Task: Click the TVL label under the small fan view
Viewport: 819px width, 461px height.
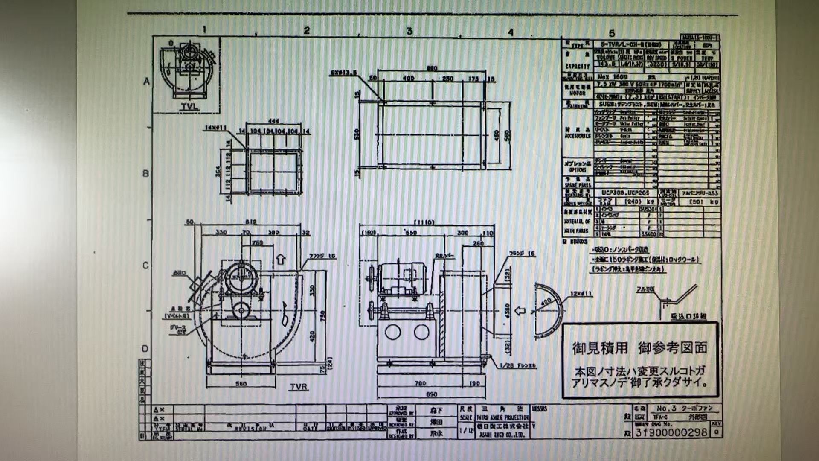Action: (x=189, y=107)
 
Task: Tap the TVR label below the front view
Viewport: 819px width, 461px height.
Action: (x=299, y=387)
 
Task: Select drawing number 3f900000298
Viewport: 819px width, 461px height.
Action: (x=671, y=432)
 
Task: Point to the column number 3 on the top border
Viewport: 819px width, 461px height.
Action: (x=409, y=31)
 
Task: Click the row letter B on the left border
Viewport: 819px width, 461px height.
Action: (x=146, y=174)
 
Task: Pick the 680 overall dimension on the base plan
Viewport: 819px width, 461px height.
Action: (x=432, y=69)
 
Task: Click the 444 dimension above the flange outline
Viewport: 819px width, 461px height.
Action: (x=274, y=122)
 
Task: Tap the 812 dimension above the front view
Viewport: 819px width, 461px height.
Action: (x=251, y=222)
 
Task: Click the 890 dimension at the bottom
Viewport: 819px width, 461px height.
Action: (x=432, y=394)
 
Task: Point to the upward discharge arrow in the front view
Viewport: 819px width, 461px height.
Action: (x=281, y=259)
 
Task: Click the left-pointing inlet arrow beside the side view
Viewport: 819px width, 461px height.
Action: (x=520, y=311)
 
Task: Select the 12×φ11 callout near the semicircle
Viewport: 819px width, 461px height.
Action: (x=581, y=294)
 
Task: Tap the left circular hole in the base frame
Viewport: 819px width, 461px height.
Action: (x=392, y=332)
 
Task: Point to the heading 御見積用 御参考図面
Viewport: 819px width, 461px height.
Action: (x=639, y=348)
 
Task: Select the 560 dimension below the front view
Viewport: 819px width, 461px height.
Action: (x=241, y=384)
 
